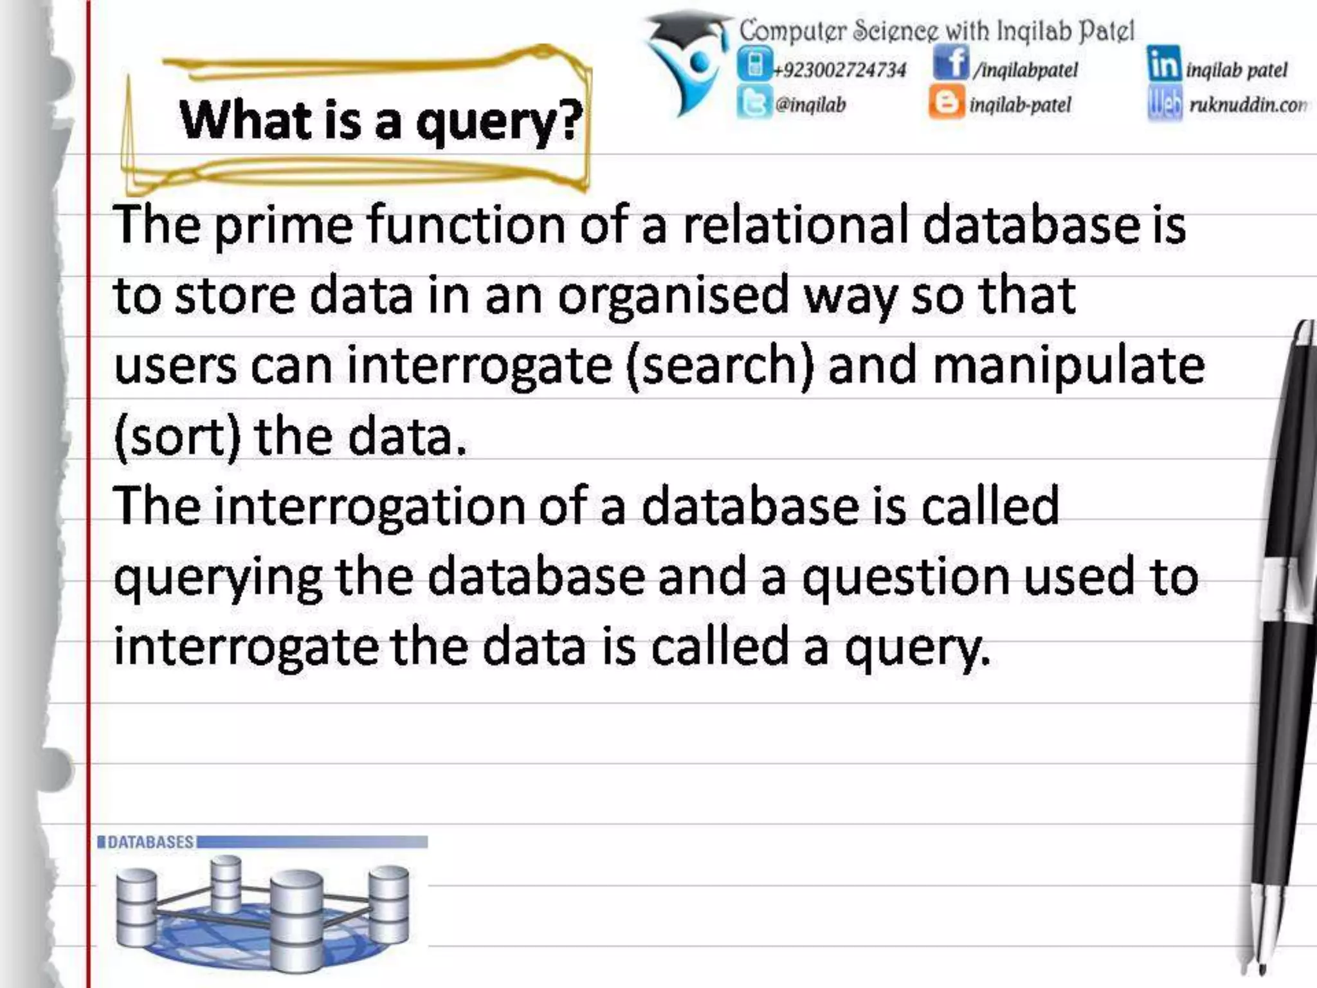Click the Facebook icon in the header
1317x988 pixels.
pyautogui.click(x=950, y=64)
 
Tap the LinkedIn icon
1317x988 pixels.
pyautogui.click(x=1163, y=64)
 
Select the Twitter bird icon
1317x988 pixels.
pyautogui.click(x=754, y=103)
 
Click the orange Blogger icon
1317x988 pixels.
pyautogui.click(x=946, y=103)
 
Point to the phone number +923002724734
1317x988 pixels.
pyautogui.click(x=840, y=69)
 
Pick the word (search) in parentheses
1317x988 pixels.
pyautogui.click(x=719, y=365)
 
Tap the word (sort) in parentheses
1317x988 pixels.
pyautogui.click(x=177, y=436)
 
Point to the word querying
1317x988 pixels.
pyautogui.click(x=217, y=578)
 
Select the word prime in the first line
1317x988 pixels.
pyautogui.click(x=283, y=225)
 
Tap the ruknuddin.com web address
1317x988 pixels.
pyautogui.click(x=1247, y=105)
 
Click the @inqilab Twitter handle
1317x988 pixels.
pyautogui.click(x=810, y=105)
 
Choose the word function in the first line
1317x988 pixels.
pyautogui.click(x=466, y=225)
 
